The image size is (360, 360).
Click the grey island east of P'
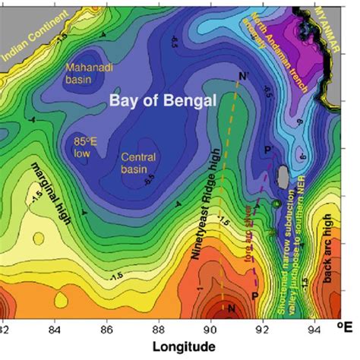pyautogui.click(x=283, y=178)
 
